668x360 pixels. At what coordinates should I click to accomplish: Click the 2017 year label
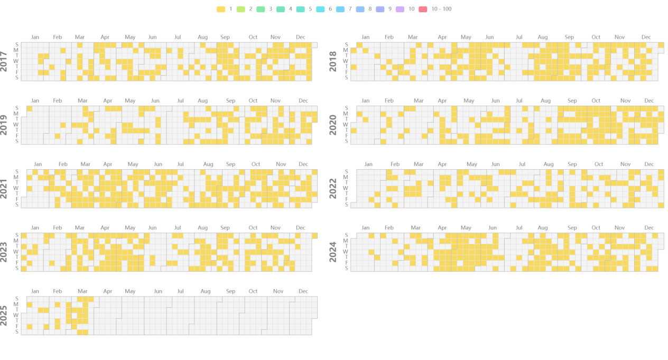4,61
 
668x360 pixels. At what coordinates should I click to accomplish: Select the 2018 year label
333,61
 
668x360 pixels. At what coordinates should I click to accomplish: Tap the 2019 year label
4,125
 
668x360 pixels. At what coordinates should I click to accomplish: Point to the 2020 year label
333,125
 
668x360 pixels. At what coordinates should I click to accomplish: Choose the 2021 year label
4,188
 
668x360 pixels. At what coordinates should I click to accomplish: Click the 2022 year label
333,188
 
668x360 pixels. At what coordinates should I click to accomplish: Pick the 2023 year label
4,252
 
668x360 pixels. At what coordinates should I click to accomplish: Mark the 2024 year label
333,252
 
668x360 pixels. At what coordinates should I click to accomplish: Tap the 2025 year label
4,315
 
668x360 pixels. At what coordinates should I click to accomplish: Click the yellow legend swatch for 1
221,9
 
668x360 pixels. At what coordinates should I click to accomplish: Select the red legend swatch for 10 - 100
422,9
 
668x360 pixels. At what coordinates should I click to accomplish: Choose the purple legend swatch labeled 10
400,9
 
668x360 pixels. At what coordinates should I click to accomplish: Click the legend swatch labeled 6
320,9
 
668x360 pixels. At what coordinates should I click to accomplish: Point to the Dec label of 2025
303,291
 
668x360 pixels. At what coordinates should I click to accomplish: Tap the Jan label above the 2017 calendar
35,37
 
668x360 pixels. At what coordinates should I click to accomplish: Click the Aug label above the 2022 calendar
549,164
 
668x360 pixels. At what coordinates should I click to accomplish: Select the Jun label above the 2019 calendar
155,101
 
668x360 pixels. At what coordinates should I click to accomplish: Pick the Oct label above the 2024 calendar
596,228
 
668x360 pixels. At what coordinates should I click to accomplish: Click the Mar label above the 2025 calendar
82,291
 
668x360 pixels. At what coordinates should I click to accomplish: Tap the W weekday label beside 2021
16,188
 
